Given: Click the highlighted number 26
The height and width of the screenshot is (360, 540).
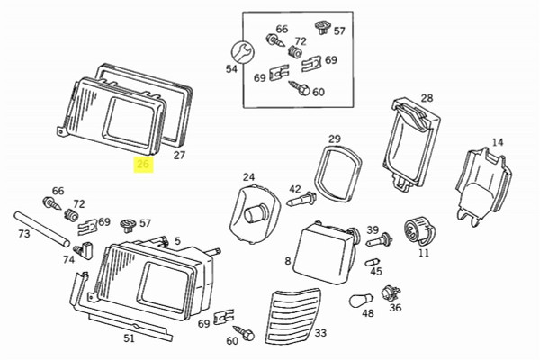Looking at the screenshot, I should [x=143, y=164].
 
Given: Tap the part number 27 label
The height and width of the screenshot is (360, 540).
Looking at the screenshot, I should [x=179, y=156].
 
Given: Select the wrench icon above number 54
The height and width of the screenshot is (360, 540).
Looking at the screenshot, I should [x=238, y=49].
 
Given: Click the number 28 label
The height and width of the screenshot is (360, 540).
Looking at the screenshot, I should [x=427, y=98].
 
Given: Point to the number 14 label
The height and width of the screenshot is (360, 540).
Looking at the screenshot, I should [x=498, y=142].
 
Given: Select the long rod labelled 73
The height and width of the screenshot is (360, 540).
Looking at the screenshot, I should [x=43, y=230].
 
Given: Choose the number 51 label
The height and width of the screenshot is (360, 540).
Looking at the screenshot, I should [x=129, y=339].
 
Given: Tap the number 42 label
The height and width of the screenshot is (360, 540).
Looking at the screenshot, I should [x=295, y=189].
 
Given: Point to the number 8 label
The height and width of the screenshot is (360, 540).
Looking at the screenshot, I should [x=287, y=261].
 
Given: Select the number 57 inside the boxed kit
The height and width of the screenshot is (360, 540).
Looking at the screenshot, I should [x=339, y=31].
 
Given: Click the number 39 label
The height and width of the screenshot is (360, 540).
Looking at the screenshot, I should [x=373, y=229].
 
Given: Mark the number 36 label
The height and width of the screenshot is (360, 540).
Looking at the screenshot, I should [x=395, y=307].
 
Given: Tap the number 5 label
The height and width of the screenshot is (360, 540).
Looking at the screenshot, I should [x=177, y=240].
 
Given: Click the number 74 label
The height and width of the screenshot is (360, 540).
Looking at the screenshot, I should [x=69, y=259].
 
